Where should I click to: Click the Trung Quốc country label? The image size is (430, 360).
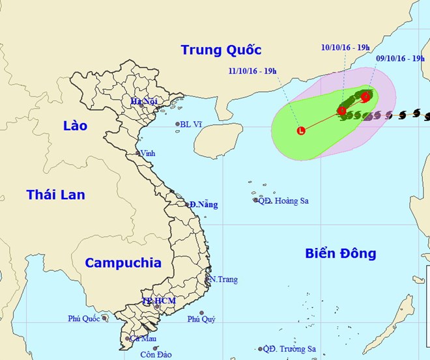[x=221, y=50]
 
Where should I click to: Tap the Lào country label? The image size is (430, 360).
[x=75, y=126]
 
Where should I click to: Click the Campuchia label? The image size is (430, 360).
[x=122, y=263]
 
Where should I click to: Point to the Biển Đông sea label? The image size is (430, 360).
[x=341, y=253]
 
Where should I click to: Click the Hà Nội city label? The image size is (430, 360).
[x=145, y=102]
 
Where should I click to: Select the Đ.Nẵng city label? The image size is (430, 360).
[x=203, y=204]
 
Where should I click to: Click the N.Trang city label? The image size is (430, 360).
[x=223, y=279]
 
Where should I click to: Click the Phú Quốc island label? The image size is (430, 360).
[x=87, y=319]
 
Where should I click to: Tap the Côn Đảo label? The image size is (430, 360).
[x=159, y=354]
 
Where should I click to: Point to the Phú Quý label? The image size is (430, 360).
[x=201, y=319]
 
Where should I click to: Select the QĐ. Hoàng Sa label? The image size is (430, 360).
[x=283, y=201]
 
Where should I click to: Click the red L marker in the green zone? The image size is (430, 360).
[x=301, y=131]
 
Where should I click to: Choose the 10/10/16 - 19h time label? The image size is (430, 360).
[x=345, y=47]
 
